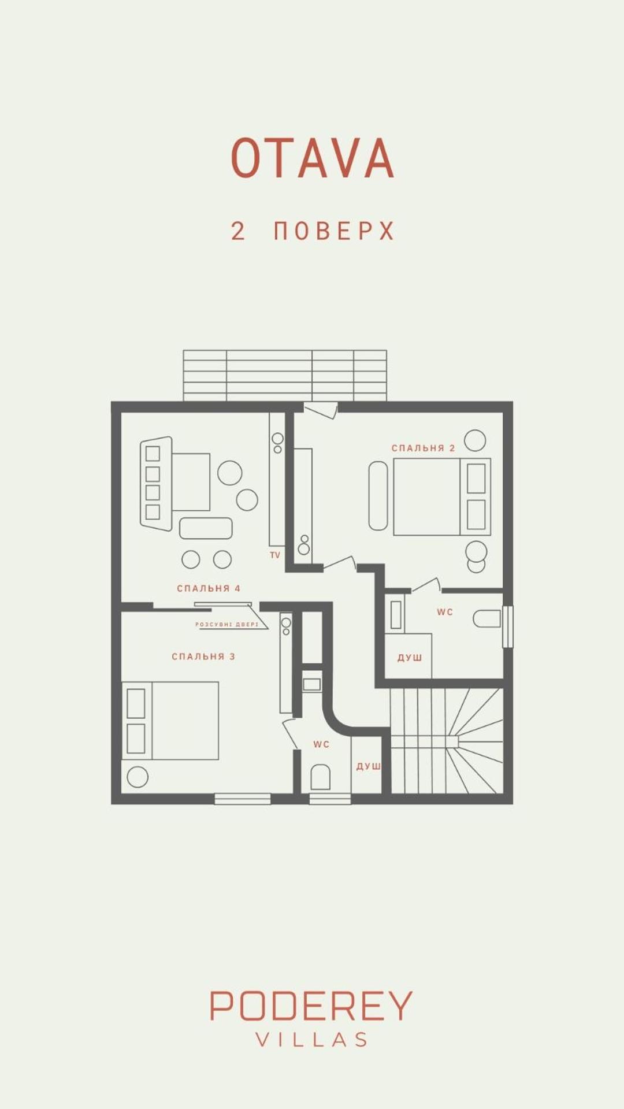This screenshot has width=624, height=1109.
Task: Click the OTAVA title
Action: point(313,158)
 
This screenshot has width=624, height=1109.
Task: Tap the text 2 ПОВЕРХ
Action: point(313,231)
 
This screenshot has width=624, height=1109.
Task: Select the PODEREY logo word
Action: point(311,1006)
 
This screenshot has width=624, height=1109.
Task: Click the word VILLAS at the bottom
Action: point(311,1040)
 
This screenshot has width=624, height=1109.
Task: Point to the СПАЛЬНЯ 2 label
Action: point(423,448)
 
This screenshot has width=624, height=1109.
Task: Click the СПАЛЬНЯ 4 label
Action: point(209,588)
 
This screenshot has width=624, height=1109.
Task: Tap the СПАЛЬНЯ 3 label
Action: point(203,657)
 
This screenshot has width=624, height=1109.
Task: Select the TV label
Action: point(275,555)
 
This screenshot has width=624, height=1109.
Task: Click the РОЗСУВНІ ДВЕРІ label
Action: point(227,625)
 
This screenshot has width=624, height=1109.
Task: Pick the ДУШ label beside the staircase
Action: point(368,766)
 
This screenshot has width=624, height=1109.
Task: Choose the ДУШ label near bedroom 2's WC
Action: point(410,658)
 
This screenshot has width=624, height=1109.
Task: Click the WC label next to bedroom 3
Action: point(321,744)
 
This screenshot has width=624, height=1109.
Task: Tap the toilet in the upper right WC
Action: point(487,619)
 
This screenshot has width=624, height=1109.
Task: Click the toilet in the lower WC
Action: point(320,777)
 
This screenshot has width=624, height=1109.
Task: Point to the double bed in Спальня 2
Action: point(442,497)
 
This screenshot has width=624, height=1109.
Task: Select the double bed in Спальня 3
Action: point(170,721)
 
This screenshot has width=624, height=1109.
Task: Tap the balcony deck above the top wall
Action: point(285,375)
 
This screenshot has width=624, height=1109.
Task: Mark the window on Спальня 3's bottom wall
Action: point(243,799)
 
